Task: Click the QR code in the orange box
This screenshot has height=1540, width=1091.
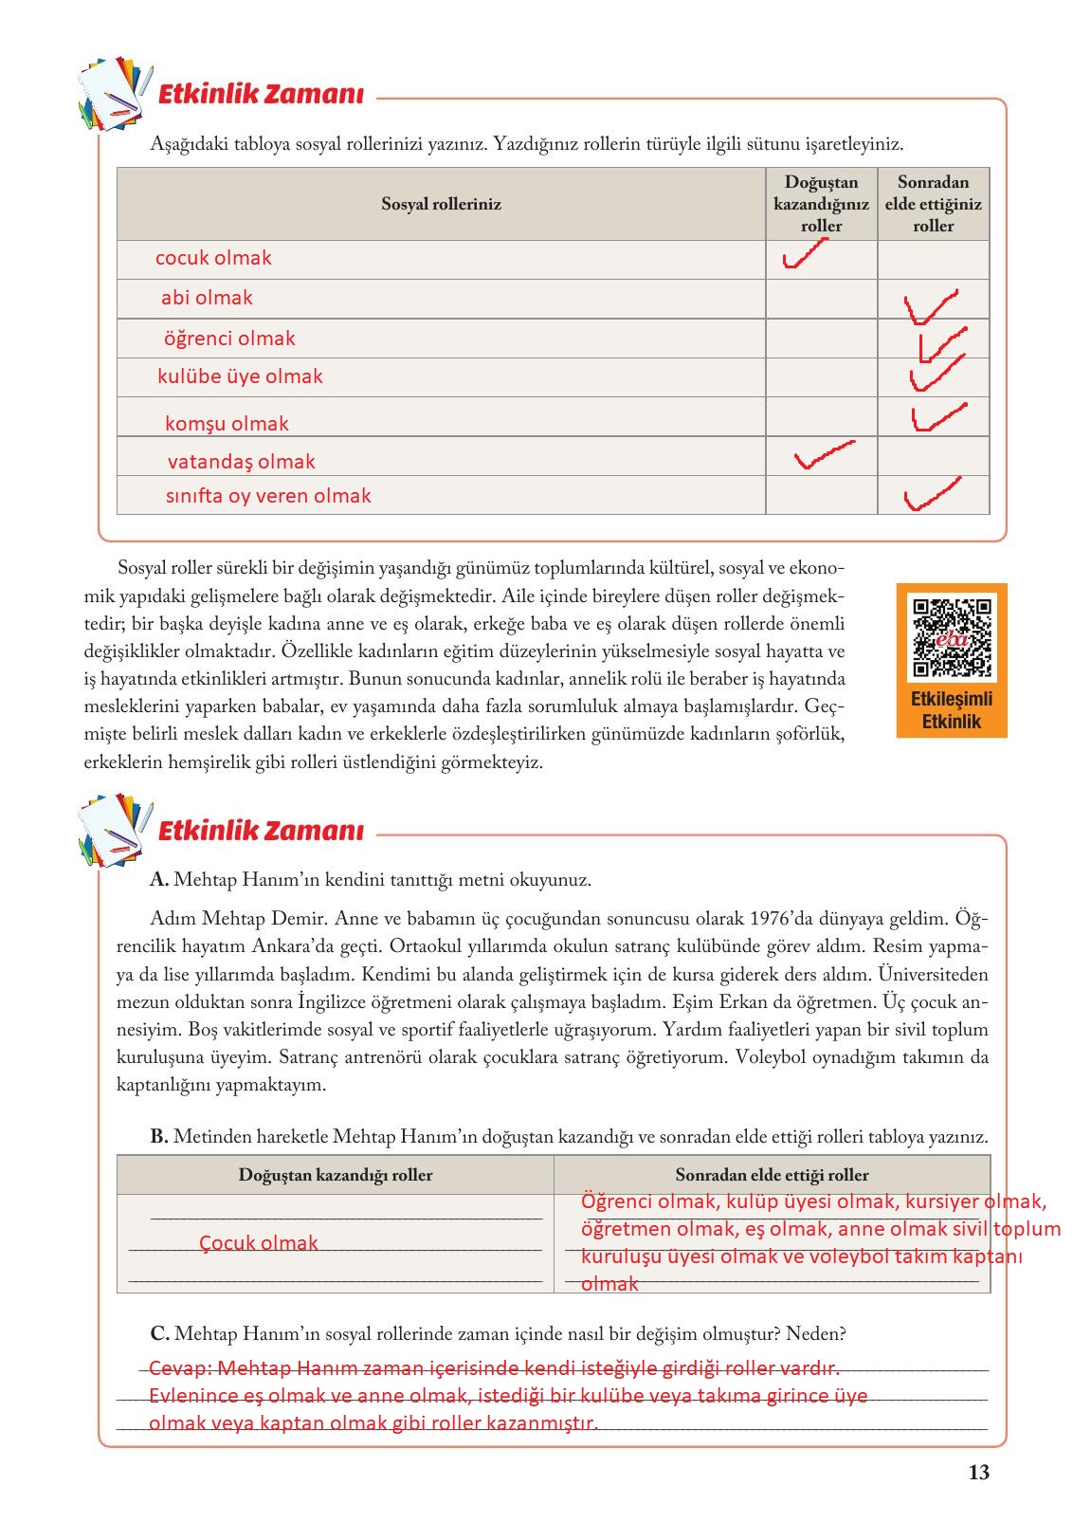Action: click(x=951, y=637)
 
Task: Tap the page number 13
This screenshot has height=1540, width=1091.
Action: click(x=979, y=1473)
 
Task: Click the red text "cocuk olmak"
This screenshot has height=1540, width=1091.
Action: click(x=213, y=258)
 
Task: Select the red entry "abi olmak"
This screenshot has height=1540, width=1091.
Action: click(x=207, y=298)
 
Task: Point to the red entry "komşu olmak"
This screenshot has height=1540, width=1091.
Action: click(x=227, y=424)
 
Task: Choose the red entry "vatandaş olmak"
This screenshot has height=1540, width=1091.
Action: click(x=241, y=462)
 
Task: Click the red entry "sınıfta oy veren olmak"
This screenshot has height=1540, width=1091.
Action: click(x=268, y=496)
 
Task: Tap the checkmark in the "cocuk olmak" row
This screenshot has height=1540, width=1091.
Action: click(x=805, y=255)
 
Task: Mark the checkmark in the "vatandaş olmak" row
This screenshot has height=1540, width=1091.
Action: click(x=823, y=455)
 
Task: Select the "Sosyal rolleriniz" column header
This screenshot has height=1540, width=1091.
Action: click(x=441, y=204)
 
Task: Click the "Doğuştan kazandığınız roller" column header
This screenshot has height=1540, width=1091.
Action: click(x=821, y=204)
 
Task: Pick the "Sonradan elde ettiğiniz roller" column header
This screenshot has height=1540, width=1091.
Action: click(x=933, y=204)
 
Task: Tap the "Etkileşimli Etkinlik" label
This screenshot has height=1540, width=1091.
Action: click(x=951, y=711)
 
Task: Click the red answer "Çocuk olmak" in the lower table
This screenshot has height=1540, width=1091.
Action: click(x=259, y=1243)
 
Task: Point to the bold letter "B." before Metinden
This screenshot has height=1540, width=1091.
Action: click(x=158, y=1137)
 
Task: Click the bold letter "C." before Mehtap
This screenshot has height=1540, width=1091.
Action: click(x=159, y=1334)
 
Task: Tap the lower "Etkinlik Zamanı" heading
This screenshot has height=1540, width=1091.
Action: click(x=261, y=832)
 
